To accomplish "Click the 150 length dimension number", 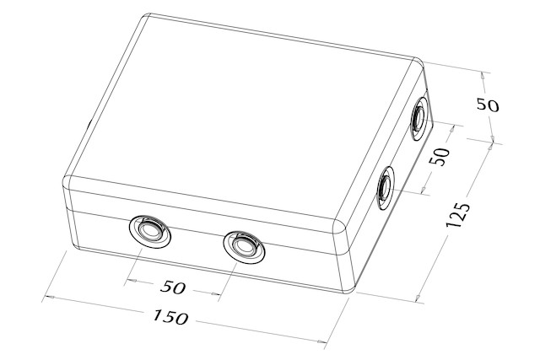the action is pos(170,317).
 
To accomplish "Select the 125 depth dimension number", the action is pos(457,216).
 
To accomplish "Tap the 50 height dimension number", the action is pos(488,105).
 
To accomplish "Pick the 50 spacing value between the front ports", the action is pos(173,287).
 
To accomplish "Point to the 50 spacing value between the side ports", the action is pos(440,157).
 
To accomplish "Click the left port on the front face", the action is pos(150,231).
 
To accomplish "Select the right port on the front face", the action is pos(244,247).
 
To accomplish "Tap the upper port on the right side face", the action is pos(420,118).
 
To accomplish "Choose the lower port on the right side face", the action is pos(386,188).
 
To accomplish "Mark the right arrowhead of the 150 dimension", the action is pos(322,341).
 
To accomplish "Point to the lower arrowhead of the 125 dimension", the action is pos(418,296).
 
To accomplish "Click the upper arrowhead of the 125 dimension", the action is pos(489,148).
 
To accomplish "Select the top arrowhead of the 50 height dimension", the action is pos(483,77).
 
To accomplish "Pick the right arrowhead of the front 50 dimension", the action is pos(216,293).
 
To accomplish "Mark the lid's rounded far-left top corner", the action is pos(147,17).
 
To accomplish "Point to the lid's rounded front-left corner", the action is pos(67,180).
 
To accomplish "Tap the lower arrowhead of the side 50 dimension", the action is pos(424,189).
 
